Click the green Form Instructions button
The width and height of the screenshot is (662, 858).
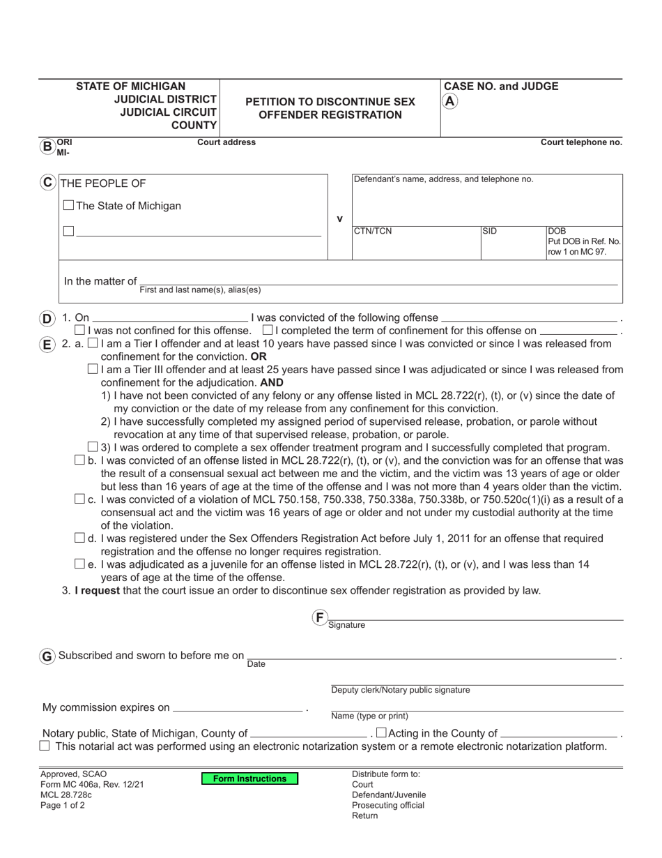coord(249,778)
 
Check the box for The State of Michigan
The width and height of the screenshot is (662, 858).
coord(68,206)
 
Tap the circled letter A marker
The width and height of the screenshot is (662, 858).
coord(450,101)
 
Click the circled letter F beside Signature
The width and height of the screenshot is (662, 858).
coord(319,617)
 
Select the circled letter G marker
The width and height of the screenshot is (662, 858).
coord(47,656)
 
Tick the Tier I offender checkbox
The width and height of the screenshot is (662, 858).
coord(93,343)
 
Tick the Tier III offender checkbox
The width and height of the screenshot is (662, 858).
coord(93,369)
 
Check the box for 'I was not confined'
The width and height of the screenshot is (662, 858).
coord(79,330)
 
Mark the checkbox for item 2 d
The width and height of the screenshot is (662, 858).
coord(79,538)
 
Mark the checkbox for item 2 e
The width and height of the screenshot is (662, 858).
coord(79,564)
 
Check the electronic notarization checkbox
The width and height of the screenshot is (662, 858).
coord(45,746)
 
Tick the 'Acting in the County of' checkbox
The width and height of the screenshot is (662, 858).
coord(380,732)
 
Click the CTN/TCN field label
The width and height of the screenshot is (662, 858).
coord(373,232)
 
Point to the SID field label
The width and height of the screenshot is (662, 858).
coord(490,231)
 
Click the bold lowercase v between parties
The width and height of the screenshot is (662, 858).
coord(339,219)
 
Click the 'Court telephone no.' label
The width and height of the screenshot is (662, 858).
coord(581,142)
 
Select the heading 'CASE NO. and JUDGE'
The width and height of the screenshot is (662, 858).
coord(501,86)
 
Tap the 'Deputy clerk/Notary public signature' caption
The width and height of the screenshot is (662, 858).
coord(400,690)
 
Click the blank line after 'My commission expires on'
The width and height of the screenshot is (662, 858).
coord(238,709)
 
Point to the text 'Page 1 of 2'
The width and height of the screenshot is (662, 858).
coord(63,805)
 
